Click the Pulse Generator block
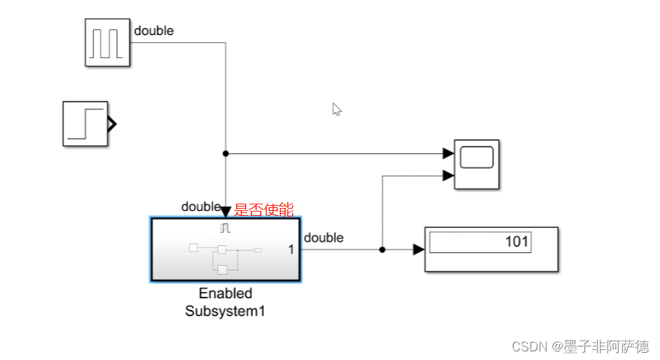coord(108,42)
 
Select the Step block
coord(85,123)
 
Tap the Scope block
coord(477,164)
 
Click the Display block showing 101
coord(491,249)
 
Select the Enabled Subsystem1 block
coord(225,249)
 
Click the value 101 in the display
coord(516,242)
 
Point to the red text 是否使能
coord(264,210)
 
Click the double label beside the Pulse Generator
coord(153,31)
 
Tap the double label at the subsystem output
coord(323,237)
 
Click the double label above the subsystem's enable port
coord(201,207)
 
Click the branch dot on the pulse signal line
coord(226,153)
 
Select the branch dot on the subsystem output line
coord(382,250)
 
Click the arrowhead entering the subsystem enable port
coord(226,212)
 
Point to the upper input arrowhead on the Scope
coord(449,153)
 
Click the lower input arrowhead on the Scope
coord(449,176)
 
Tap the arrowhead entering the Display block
coord(419,250)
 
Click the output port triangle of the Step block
coord(111,124)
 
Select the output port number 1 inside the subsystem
coord(291,250)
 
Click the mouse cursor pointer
coord(336,108)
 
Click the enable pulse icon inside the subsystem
coord(225,228)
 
